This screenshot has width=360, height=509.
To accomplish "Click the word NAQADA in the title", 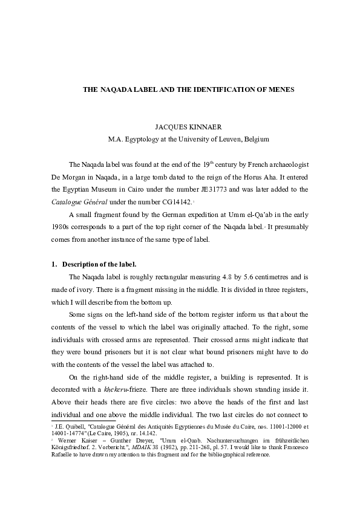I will (117, 89).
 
